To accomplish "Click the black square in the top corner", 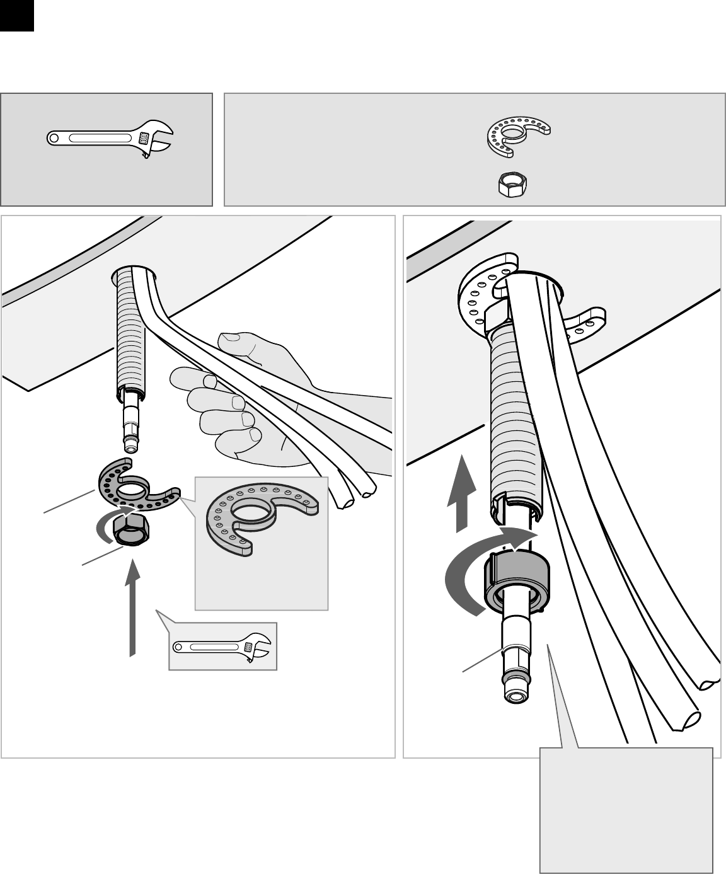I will tap(16, 16).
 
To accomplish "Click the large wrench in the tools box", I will tap(107, 138).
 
